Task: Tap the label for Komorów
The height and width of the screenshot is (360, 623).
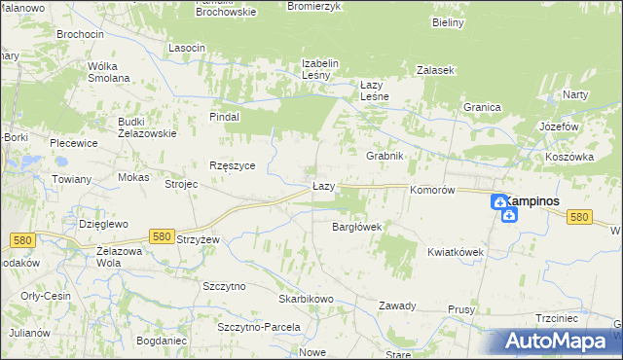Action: tap(433, 191)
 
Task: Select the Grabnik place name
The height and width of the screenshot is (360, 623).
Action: tap(385, 156)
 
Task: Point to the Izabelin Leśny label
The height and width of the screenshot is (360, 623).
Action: tap(319, 70)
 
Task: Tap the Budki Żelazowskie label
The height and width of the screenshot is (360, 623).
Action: tap(147, 127)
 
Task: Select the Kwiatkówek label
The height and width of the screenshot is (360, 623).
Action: tap(456, 251)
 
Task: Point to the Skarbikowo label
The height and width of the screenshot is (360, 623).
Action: tap(307, 299)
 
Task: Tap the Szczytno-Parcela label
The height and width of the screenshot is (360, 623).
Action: tap(259, 327)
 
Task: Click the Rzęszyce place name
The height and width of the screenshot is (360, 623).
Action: tap(233, 165)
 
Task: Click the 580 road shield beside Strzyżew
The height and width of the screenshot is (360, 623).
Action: tap(163, 235)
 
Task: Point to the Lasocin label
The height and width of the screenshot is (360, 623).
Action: tap(187, 48)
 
